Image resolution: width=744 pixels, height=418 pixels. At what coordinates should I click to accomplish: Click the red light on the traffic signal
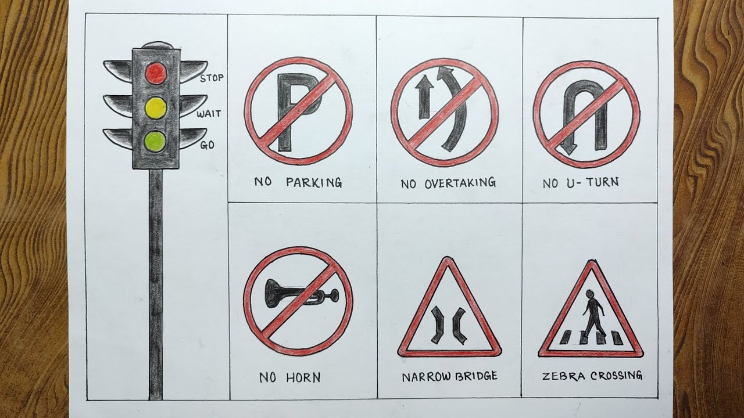pyautogui.click(x=155, y=73)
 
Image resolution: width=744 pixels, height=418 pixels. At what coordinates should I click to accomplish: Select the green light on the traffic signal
pyautogui.click(x=155, y=140)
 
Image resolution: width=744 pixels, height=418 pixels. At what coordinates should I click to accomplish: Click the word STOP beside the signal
pyautogui.click(x=212, y=78)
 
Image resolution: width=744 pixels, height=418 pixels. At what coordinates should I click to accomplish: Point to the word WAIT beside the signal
pyautogui.click(x=209, y=114)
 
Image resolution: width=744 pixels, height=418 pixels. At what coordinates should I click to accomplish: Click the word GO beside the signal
pyautogui.click(x=207, y=146)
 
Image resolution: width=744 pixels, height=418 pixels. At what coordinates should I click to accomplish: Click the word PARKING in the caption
pyautogui.click(x=314, y=183)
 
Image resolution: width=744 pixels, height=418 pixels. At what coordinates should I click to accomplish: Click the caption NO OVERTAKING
pyautogui.click(x=448, y=183)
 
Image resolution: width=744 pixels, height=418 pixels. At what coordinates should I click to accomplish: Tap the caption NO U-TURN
pyautogui.click(x=581, y=183)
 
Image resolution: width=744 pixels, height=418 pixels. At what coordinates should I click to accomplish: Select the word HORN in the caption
pyautogui.click(x=303, y=378)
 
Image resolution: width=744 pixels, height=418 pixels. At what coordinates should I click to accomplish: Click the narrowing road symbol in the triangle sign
pyautogui.click(x=448, y=324)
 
